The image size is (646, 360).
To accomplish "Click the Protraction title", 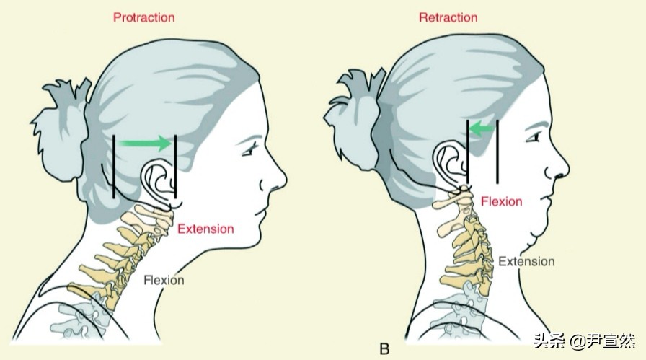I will click(x=143, y=17).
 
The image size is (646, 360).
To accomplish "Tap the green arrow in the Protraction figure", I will click(x=146, y=144).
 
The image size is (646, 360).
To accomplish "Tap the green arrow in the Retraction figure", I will click(x=483, y=129).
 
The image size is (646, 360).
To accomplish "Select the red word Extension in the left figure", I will click(x=205, y=229).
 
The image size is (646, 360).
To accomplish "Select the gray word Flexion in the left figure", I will click(x=164, y=280).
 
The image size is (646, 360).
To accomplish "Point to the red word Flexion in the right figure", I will click(x=501, y=201).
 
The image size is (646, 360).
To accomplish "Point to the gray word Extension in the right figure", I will click(x=526, y=261).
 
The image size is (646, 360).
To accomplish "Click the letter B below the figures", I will click(x=384, y=349).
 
